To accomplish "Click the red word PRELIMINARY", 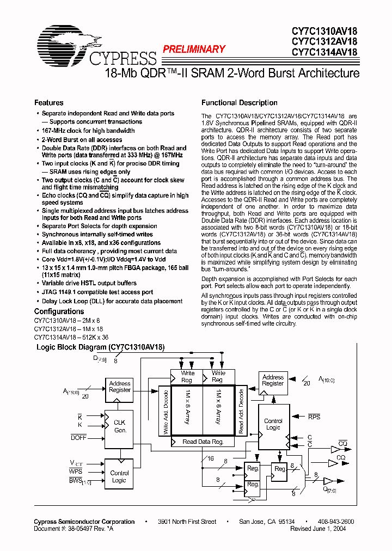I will (x=194, y=50).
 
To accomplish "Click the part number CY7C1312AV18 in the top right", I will (x=324, y=41).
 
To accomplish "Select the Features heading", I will (x=48, y=102).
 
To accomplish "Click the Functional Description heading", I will (x=240, y=102).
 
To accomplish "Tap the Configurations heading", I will (x=59, y=312).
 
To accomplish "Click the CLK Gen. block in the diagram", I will (x=120, y=426).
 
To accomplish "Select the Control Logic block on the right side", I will (x=273, y=424).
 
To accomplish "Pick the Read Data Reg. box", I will (x=203, y=442).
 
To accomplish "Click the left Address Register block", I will (x=120, y=387).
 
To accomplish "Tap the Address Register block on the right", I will (x=273, y=380).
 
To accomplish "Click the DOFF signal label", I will (x=78, y=437).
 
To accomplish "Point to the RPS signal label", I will (x=314, y=417).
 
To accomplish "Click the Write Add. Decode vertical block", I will (x=165, y=411).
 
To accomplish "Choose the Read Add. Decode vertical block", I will (x=241, y=411).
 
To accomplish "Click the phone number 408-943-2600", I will (x=335, y=522).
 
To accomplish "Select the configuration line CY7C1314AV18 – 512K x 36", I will (x=71, y=337).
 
